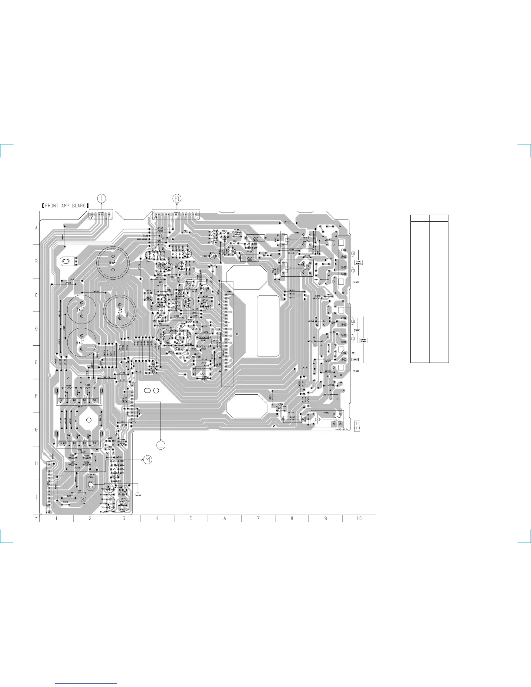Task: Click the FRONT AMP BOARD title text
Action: point(66,206)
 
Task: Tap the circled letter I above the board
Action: point(102,199)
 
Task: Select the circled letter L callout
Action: point(161,445)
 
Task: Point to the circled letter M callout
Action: point(148,460)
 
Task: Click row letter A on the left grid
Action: point(36,228)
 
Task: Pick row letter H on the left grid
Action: point(36,464)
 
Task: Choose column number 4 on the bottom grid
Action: point(157,519)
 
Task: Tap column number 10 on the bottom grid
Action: point(359,519)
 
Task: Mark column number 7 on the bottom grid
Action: point(258,519)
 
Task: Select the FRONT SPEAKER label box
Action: point(358,262)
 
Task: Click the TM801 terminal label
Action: point(356,282)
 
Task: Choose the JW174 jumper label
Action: point(292,290)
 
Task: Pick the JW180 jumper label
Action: point(305,368)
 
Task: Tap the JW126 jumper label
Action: point(107,377)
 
